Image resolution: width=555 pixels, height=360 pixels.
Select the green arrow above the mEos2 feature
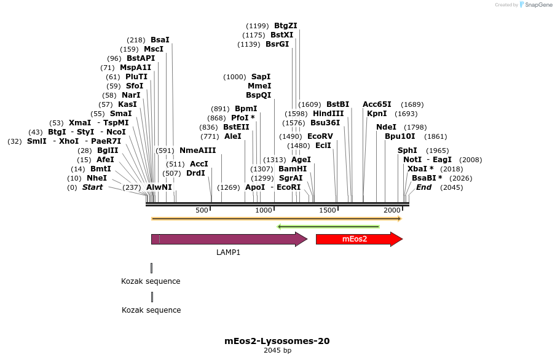coord(328,227)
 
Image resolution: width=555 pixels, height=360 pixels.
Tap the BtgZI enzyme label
coord(285,26)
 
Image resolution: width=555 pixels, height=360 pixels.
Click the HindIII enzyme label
coord(328,114)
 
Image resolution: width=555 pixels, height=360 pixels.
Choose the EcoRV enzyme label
coord(320,136)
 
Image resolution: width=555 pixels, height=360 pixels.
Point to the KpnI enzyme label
coord(377,114)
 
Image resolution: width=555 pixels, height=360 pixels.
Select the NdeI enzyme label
coord(386,127)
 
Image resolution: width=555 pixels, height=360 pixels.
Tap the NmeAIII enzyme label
coord(197,151)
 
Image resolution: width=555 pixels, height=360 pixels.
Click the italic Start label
coord(92,187)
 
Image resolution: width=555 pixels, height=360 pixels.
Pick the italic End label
coord(423,187)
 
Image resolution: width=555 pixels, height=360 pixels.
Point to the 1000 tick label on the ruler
coord(264,211)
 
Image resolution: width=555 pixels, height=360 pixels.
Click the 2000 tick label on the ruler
coord(392,211)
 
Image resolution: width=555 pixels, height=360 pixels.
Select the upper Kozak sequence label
coord(151,281)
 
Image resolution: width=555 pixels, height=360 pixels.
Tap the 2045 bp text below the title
coord(277,351)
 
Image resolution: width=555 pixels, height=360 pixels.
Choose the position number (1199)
coord(258,26)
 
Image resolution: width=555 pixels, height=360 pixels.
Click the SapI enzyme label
coord(261,77)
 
